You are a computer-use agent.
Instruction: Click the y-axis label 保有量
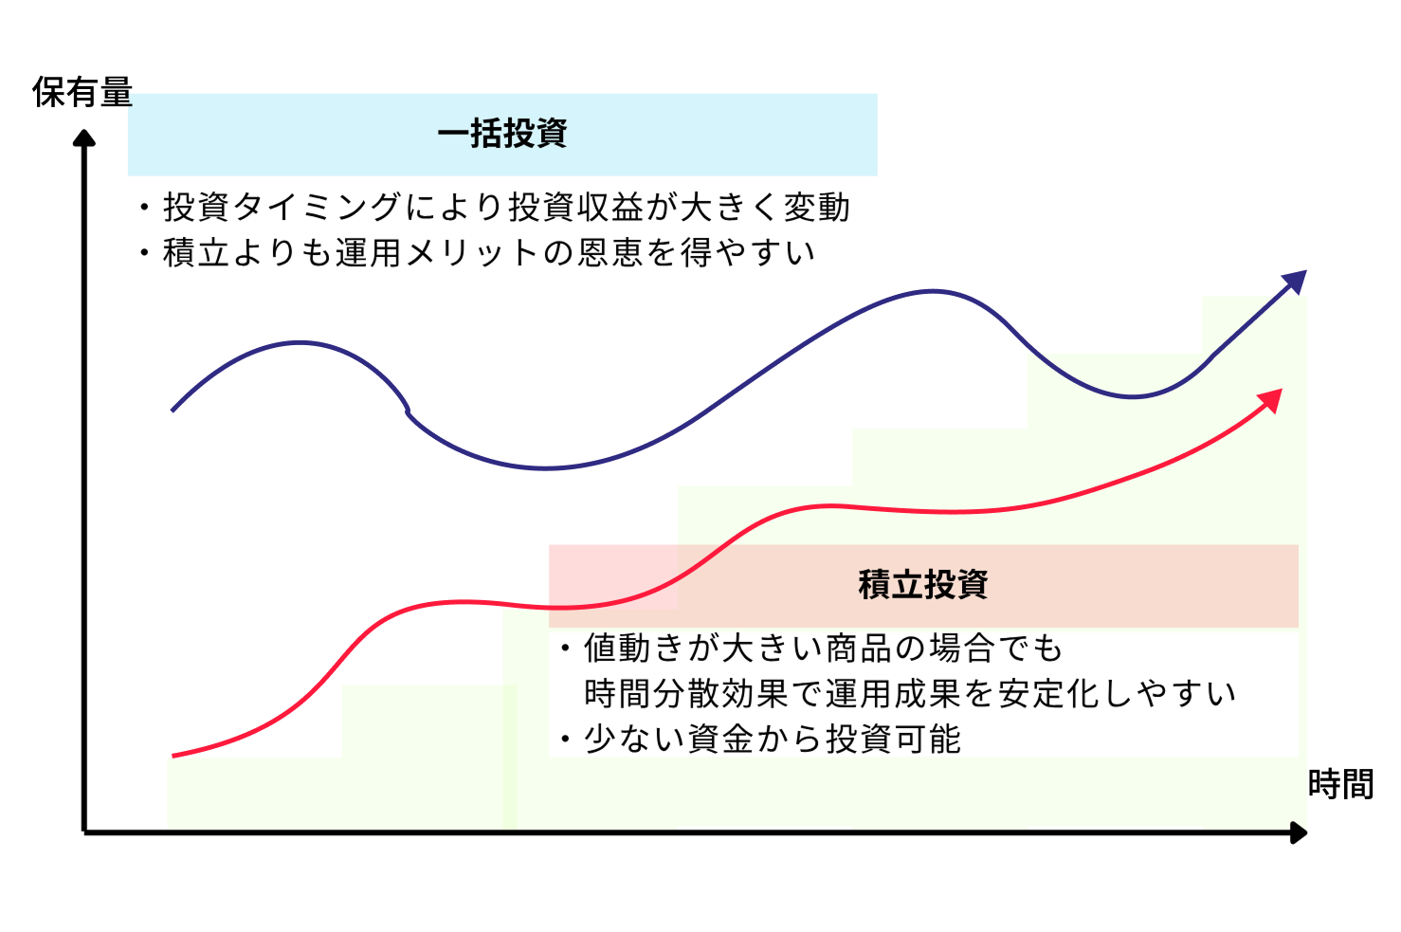click(x=82, y=93)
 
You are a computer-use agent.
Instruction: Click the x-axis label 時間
click(x=1340, y=784)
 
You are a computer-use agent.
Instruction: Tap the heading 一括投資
click(x=502, y=134)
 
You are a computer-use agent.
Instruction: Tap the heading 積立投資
click(x=923, y=584)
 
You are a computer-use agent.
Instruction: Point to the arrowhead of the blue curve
click(x=1296, y=282)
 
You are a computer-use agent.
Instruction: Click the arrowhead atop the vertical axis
click(x=84, y=138)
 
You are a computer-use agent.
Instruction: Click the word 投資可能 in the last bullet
click(x=893, y=739)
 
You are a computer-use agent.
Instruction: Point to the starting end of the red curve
click(x=173, y=756)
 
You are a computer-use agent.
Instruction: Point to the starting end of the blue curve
click(x=173, y=411)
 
